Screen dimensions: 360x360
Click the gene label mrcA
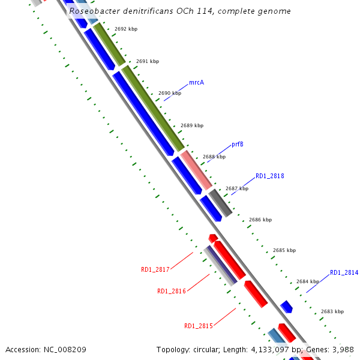click(x=196, y=82)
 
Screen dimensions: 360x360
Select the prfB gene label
click(x=238, y=145)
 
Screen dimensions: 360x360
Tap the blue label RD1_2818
click(x=269, y=176)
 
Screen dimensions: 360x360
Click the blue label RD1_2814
click(x=344, y=272)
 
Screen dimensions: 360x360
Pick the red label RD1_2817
click(x=155, y=270)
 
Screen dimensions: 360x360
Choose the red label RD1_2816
click(x=172, y=291)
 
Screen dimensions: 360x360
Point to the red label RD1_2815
click(x=199, y=326)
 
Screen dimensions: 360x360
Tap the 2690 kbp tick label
click(x=170, y=94)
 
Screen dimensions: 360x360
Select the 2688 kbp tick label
click(x=214, y=157)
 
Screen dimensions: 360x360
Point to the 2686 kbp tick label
click(x=260, y=220)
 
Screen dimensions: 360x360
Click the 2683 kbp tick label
click(x=332, y=312)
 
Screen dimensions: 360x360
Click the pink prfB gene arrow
click(x=196, y=170)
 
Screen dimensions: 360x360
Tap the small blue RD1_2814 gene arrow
click(x=287, y=307)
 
